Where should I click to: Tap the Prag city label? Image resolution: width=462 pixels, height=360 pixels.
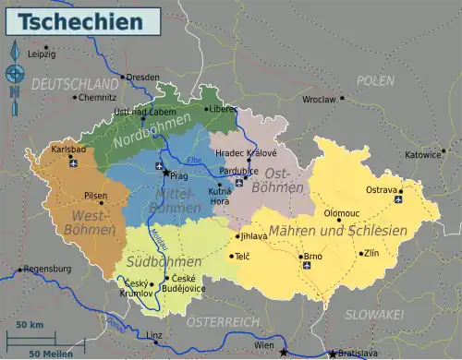pos(179,175)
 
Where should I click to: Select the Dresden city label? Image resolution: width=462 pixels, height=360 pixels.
pos(142,78)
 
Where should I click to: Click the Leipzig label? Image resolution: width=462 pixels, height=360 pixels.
pos(42,54)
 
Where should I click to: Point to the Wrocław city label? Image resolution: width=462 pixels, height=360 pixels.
pos(320,98)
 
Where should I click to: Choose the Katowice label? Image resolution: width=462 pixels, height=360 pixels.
pos(422,154)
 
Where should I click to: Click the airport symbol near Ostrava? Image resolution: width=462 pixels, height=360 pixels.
pos(398,198)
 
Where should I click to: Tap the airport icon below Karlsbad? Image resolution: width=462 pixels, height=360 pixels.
pos(72,164)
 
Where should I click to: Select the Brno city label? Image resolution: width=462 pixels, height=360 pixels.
pos(312,256)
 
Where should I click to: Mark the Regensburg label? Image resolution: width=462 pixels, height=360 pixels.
pos(47,269)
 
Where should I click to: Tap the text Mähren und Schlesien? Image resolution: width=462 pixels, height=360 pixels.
pos(337,230)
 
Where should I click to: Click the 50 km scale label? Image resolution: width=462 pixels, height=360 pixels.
pos(30,326)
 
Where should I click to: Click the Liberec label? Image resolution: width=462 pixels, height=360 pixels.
pos(222,108)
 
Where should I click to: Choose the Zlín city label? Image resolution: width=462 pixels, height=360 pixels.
pos(371,252)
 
